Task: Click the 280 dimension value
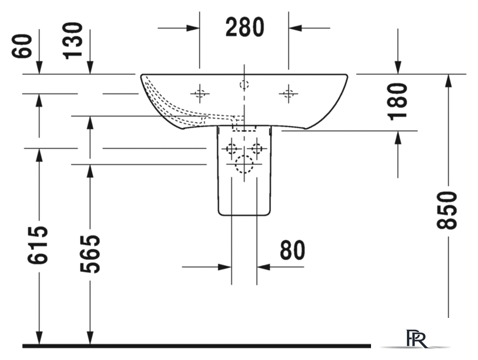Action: pyautogui.click(x=245, y=27)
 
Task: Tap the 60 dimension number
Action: pyautogui.click(x=22, y=46)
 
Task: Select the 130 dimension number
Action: pyautogui.click(x=73, y=40)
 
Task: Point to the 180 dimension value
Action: pyautogui.click(x=397, y=101)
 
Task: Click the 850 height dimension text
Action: pyautogui.click(x=447, y=210)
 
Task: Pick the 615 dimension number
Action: pyautogui.click(x=38, y=245)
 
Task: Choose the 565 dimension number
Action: pyautogui.click(x=90, y=254)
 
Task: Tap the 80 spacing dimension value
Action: pyautogui.click(x=292, y=250)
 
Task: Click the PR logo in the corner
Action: pyautogui.click(x=417, y=339)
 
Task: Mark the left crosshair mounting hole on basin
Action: pyautogui.click(x=200, y=93)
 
